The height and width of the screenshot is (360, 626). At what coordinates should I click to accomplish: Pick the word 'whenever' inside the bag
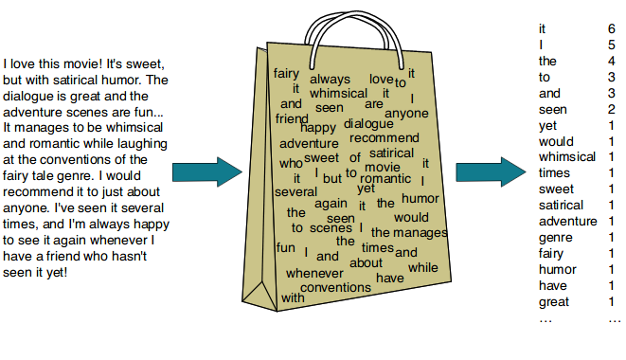coord(313,273)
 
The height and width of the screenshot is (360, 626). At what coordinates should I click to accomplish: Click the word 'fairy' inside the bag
coord(287,73)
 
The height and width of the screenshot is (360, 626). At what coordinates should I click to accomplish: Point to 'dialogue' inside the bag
coord(368,123)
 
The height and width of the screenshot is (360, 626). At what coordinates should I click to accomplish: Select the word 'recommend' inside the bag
coord(384,138)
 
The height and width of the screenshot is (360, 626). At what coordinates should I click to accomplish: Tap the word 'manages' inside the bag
coord(420,232)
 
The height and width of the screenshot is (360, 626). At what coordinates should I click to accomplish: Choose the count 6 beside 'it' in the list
coord(611,29)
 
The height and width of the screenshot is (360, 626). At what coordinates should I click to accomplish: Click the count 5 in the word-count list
coord(611,45)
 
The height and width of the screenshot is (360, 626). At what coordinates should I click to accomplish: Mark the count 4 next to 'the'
coord(611,62)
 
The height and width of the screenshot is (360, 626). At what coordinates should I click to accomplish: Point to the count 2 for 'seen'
coord(611,110)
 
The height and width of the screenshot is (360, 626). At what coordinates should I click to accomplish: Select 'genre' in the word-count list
coord(555,238)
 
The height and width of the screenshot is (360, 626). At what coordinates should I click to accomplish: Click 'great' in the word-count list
coord(554,302)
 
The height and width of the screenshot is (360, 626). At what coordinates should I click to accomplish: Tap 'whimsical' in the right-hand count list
coord(566,157)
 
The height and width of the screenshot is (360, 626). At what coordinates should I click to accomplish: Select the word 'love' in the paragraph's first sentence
coord(26,63)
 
